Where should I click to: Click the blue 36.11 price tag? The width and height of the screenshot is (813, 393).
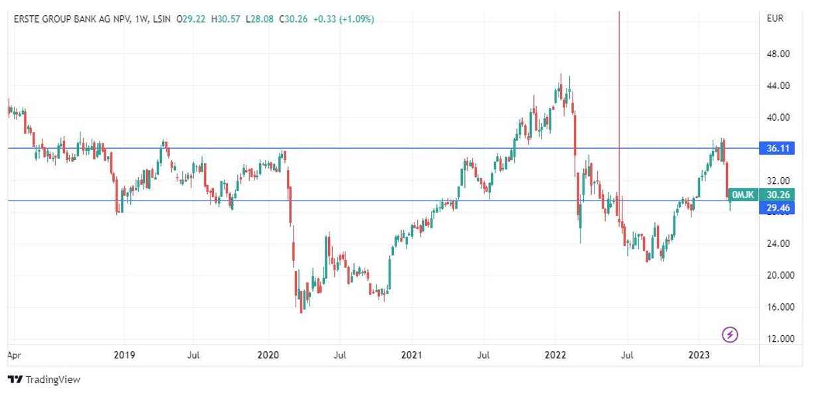tap(776, 149)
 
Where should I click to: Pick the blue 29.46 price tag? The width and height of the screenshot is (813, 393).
tap(776, 208)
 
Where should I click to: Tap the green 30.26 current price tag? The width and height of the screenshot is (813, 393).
tap(776, 195)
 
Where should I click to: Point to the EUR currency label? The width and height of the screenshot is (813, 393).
tap(774, 19)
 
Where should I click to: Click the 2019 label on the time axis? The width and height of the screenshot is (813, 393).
tap(124, 355)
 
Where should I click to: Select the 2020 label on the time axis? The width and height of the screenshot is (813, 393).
tap(268, 355)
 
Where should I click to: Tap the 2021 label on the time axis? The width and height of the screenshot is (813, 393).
tap(412, 355)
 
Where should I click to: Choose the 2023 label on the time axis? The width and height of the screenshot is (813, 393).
tap(699, 355)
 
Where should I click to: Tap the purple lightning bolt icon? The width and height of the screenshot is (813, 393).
tap(730, 334)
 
